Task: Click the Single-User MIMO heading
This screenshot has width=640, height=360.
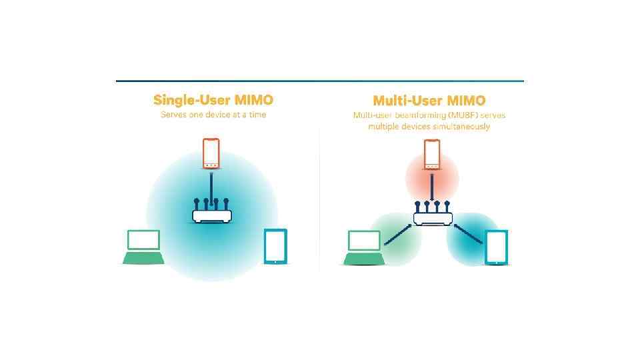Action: pos(213,100)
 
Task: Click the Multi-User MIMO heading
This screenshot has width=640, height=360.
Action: pos(429,101)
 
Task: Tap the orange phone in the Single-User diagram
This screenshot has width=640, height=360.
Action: pos(211,154)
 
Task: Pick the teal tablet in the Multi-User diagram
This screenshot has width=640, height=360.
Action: pos(496,247)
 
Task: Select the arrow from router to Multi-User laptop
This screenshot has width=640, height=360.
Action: pos(398,233)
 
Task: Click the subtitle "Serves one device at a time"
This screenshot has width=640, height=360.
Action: pos(213,115)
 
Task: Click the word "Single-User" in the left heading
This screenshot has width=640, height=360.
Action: pos(191,100)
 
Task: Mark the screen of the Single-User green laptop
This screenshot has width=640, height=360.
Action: pos(143,240)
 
